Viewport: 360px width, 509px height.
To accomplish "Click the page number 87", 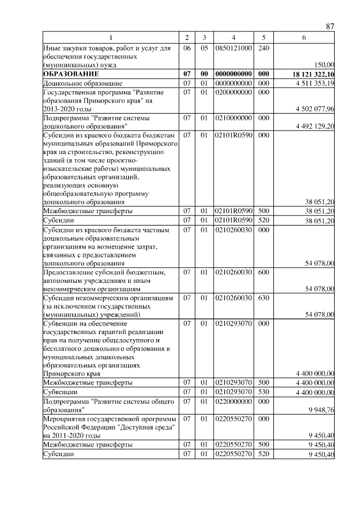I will [330, 26].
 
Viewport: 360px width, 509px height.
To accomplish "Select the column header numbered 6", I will [304, 38].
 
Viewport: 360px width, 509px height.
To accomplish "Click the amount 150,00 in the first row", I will [325, 65].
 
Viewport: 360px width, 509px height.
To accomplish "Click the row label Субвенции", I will [60, 391].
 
